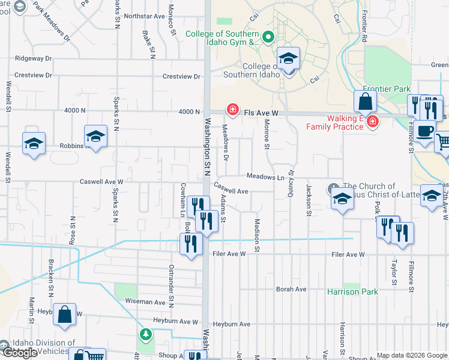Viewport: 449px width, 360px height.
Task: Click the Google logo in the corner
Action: tap(19, 353)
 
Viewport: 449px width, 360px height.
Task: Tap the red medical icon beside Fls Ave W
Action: tap(231, 109)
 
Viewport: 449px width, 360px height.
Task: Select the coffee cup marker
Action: tap(424, 131)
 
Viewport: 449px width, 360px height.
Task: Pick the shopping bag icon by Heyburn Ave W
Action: tap(64, 314)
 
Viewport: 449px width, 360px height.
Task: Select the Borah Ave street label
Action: tap(291, 289)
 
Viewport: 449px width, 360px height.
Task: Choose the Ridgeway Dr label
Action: tap(34, 59)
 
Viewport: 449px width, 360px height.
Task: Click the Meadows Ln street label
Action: tap(265, 177)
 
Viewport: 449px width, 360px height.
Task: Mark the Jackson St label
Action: tap(309, 200)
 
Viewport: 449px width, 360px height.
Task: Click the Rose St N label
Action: tap(72, 230)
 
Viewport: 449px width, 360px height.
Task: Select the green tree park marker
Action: tap(145, 334)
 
